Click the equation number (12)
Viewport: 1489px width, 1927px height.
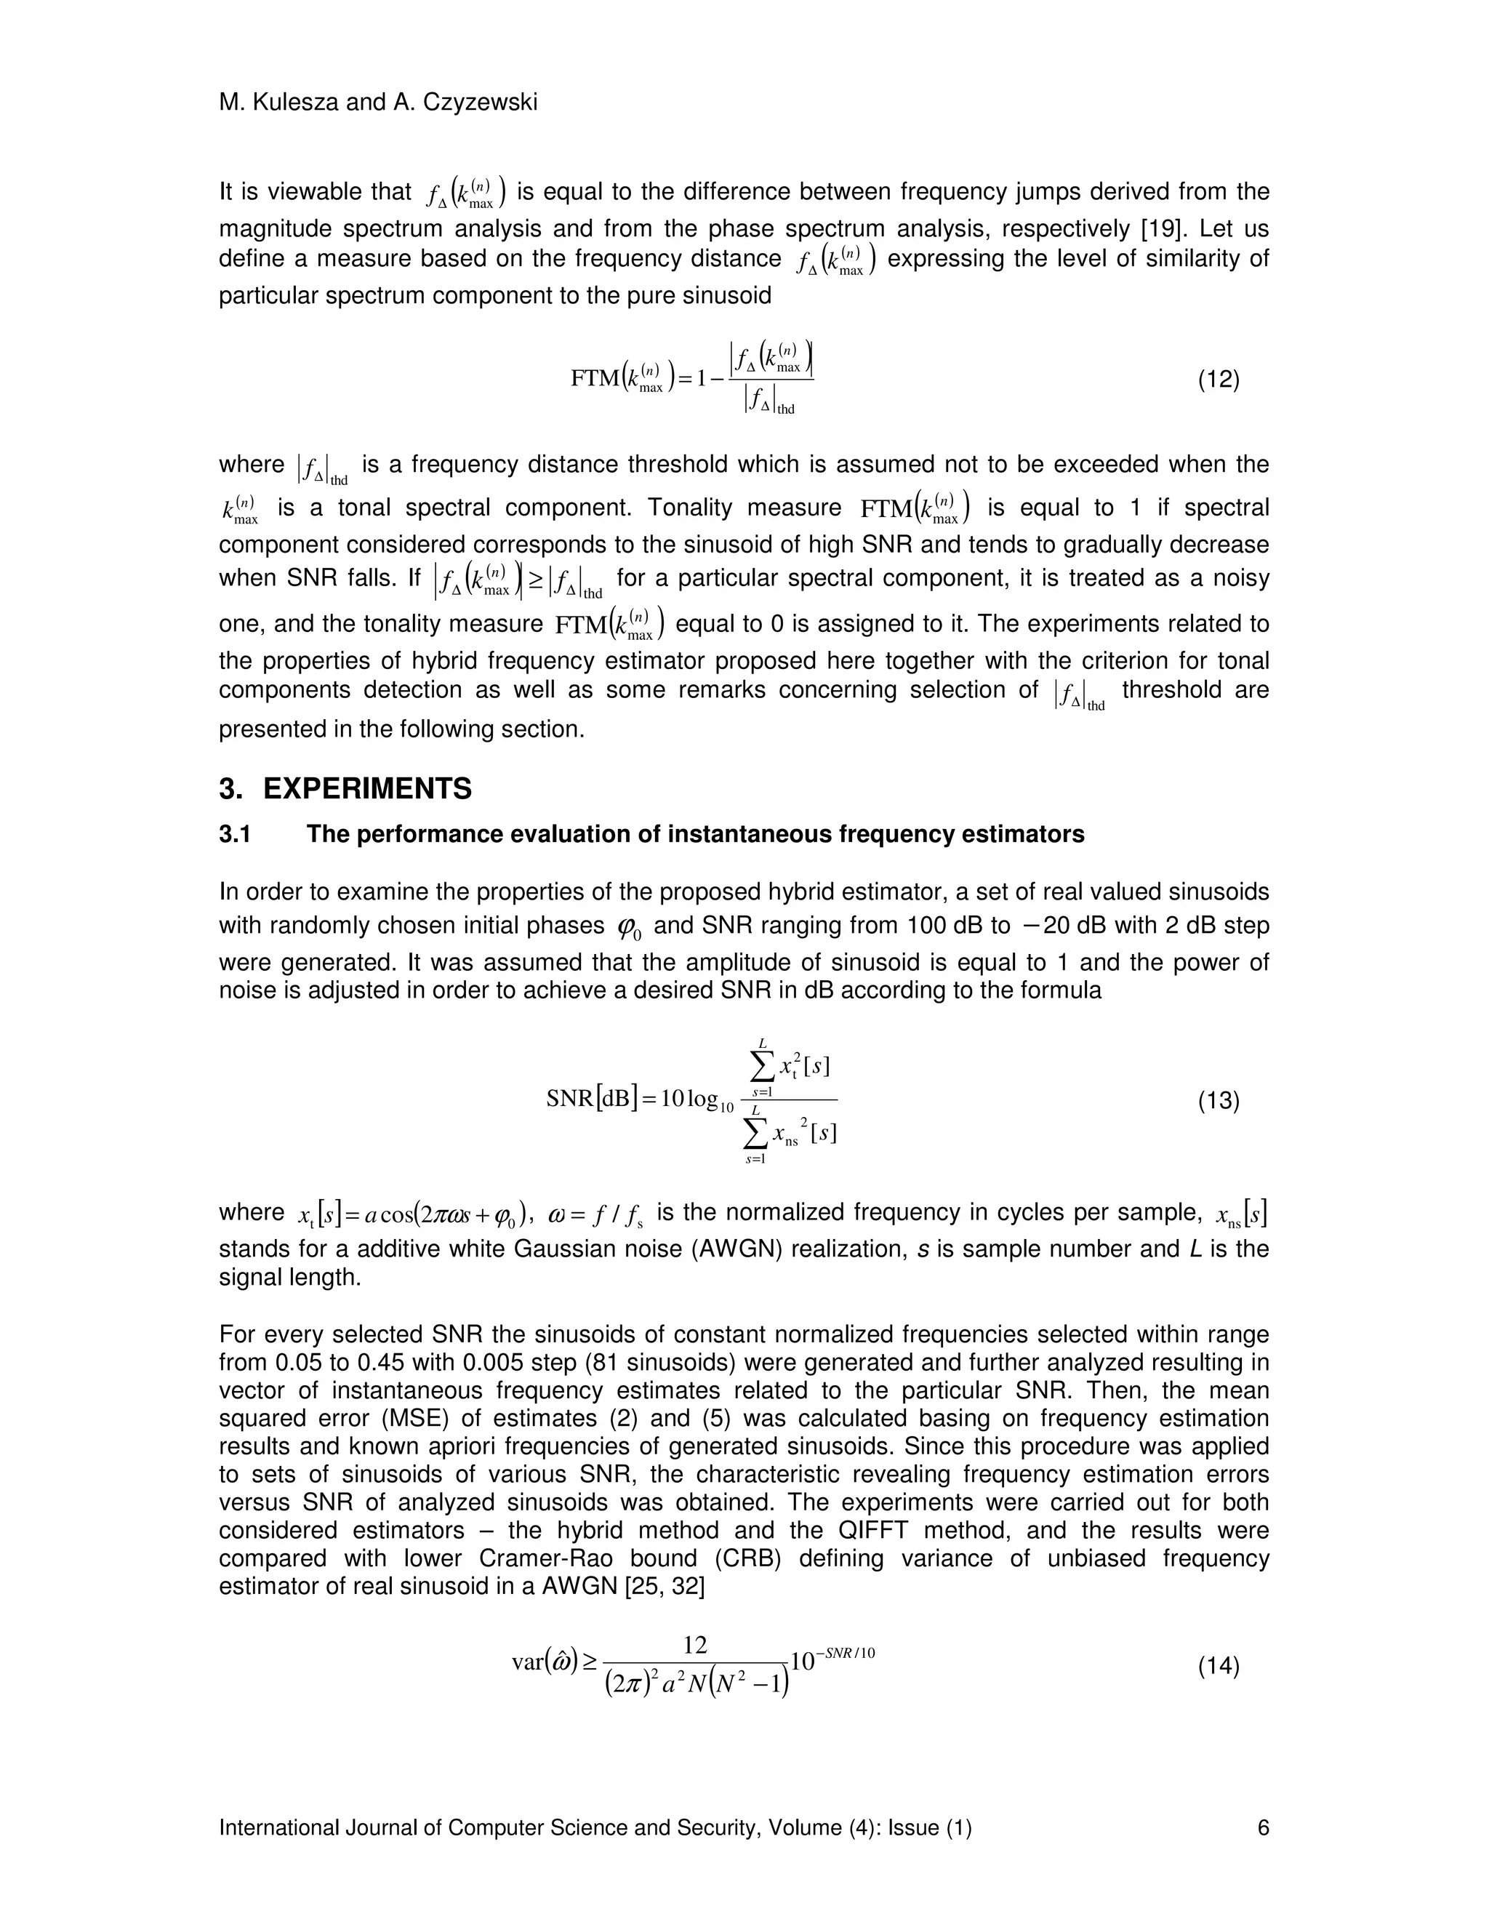(x=1219, y=380)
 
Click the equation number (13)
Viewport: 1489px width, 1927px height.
(x=1219, y=1101)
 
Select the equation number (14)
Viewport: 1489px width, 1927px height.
(x=1219, y=1667)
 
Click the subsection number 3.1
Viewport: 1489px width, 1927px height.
(x=235, y=835)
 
